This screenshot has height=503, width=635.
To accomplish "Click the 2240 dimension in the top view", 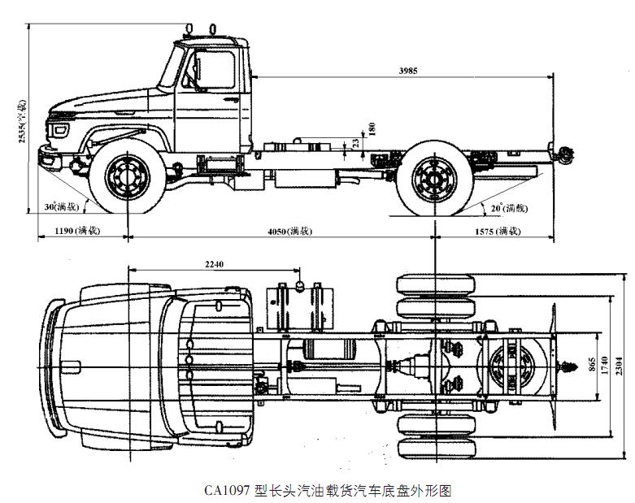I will point(215,264).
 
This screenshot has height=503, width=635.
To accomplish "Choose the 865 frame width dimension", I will point(589,362).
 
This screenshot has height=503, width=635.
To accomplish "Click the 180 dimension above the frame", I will point(372,128).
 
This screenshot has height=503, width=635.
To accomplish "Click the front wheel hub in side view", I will point(126,177).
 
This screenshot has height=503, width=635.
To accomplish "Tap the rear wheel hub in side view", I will point(433,180).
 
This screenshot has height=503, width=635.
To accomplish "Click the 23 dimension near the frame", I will point(356,144).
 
